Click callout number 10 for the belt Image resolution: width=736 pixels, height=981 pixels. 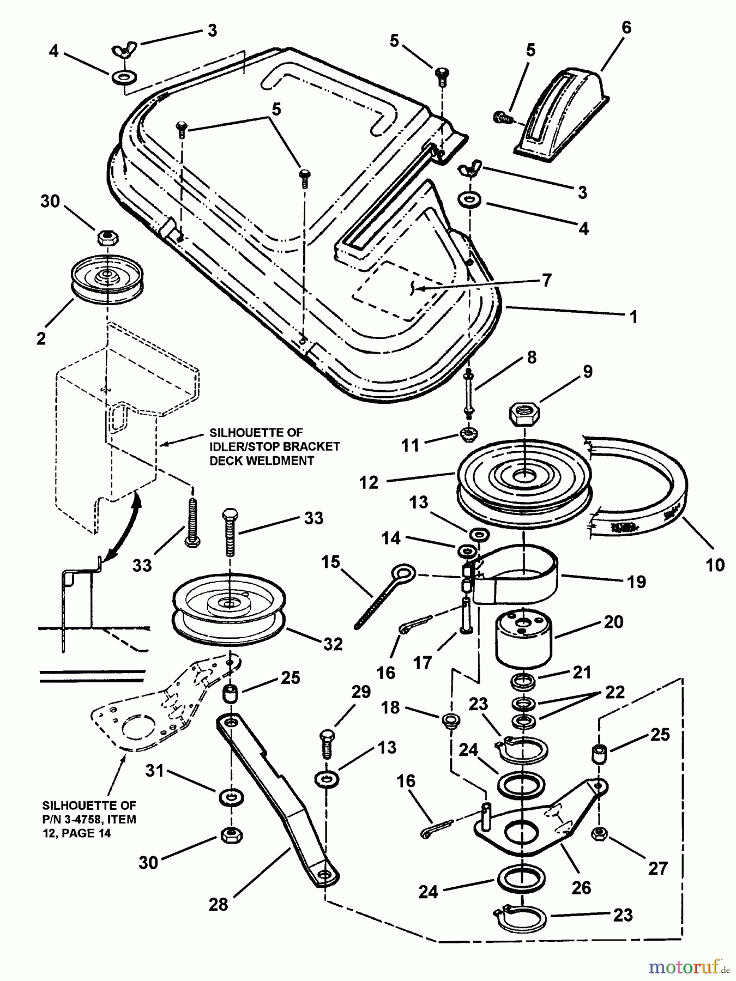tap(715, 565)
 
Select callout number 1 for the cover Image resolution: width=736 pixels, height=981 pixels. tap(633, 317)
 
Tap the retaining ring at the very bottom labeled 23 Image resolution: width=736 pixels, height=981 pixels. tap(523, 921)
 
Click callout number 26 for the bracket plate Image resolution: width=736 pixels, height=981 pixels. tap(581, 888)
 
